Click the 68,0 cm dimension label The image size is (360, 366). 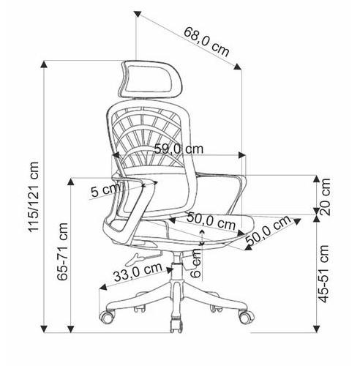206,42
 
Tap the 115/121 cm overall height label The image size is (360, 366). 34,197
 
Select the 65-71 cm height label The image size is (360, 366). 62,251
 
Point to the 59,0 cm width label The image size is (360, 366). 179,149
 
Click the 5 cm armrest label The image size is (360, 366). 105,190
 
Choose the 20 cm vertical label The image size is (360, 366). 325,197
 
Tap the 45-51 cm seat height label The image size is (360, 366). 324,274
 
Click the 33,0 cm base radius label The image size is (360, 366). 138,272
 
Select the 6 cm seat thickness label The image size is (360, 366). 195,264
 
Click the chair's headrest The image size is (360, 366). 150,78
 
